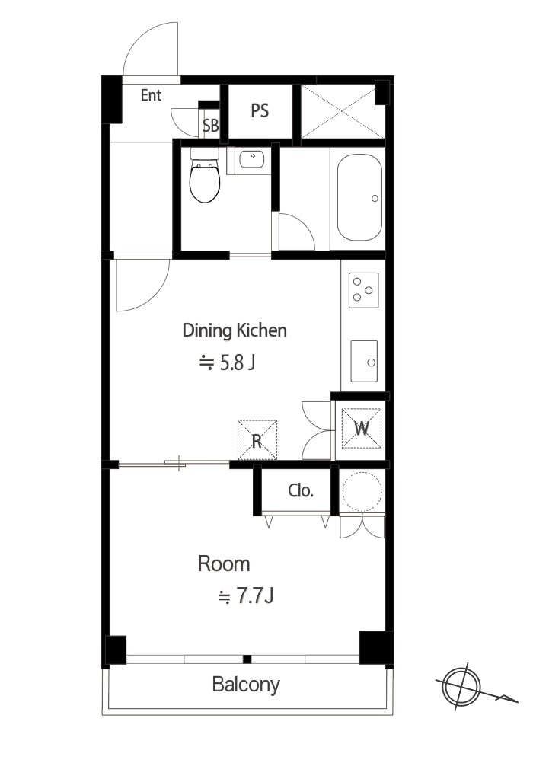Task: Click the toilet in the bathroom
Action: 204,175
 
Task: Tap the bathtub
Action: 359,197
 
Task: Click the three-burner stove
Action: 363,290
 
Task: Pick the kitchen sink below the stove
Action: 364,361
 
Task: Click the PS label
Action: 260,111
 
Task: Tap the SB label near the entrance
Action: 210,126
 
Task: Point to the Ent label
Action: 151,95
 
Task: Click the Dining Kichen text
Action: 234,330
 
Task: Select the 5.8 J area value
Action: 228,362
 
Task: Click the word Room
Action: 224,564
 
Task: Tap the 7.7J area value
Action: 246,595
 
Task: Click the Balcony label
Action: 246,685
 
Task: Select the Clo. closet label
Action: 300,490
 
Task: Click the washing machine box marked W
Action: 361,428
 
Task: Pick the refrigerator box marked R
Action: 257,440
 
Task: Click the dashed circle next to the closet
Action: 362,490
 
